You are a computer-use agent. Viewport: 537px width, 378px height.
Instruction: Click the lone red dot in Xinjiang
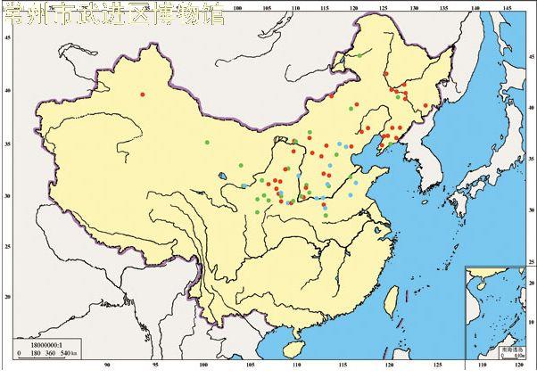tap(142, 94)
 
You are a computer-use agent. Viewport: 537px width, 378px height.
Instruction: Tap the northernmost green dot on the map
tap(359, 56)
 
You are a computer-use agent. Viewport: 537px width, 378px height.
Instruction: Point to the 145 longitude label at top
tap(507, 10)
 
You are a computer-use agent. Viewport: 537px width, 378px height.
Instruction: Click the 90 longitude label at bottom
tap(108, 366)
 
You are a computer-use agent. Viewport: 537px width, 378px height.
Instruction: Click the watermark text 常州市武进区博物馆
tap(114, 15)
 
